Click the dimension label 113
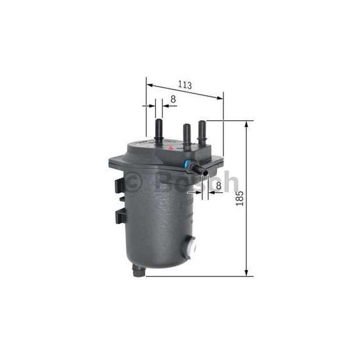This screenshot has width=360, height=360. click(x=185, y=85)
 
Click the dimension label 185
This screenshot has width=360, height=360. click(x=240, y=199)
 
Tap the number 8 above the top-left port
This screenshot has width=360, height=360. click(x=173, y=99)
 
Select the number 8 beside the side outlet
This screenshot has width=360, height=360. click(x=218, y=185)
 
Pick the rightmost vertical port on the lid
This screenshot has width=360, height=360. click(x=202, y=132)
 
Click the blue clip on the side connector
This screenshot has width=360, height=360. click(x=186, y=165)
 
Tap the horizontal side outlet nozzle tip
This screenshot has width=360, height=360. click(x=204, y=172)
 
